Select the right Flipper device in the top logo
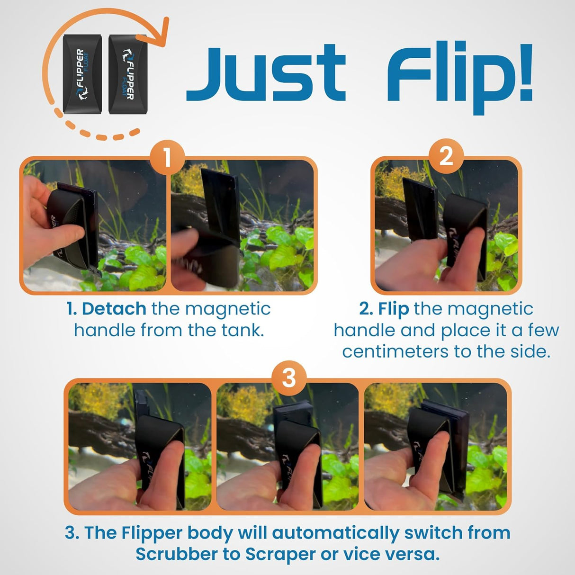click(x=127, y=74)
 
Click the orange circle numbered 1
click(x=167, y=157)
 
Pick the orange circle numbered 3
click(x=288, y=378)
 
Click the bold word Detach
click(x=114, y=309)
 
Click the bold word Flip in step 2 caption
click(x=393, y=309)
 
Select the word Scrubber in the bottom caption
click(x=182, y=554)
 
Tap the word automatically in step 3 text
click(x=335, y=533)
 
